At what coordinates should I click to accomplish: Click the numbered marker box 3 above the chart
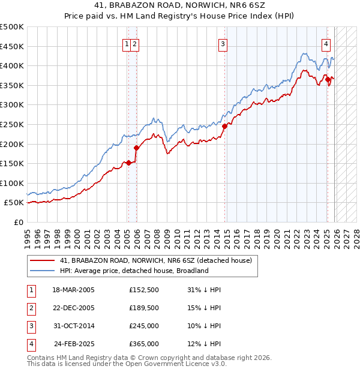tap(223, 43)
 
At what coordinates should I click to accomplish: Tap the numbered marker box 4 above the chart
tap(326, 43)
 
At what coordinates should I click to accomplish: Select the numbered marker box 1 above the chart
tap(127, 43)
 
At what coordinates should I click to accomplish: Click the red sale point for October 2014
tap(225, 127)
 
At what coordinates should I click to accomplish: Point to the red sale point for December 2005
tap(137, 148)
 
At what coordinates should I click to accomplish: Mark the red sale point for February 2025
tap(328, 80)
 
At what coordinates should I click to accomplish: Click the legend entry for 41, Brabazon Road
tap(156, 260)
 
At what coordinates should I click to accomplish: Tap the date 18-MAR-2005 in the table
tap(73, 290)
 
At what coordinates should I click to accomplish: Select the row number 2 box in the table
tap(31, 308)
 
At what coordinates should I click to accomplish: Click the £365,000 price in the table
tap(144, 344)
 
